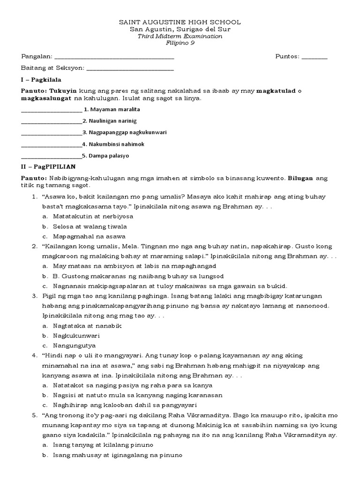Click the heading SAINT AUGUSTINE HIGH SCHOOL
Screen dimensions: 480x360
pyautogui.click(x=180, y=22)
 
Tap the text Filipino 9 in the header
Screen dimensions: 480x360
pyautogui.click(x=180, y=43)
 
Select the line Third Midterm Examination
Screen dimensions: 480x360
pyautogui.click(x=180, y=36)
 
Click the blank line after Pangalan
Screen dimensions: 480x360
pyautogui.click(x=114, y=58)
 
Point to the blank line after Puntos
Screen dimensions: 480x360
pyautogui.click(x=315, y=58)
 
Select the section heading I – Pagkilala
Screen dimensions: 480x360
pyautogui.click(x=41, y=80)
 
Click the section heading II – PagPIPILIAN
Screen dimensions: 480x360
pyautogui.click(x=48, y=166)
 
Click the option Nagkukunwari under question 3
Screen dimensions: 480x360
pyautogui.click(x=76, y=336)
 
